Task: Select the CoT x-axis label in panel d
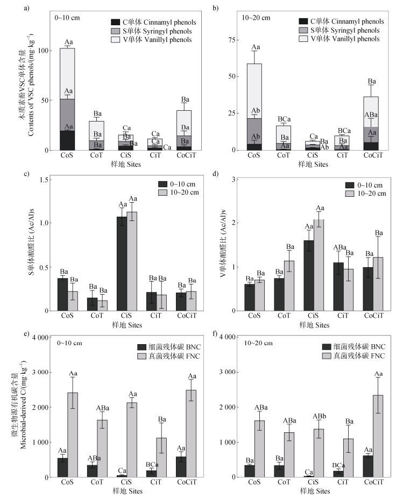279,317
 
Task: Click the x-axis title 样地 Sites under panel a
126,165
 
